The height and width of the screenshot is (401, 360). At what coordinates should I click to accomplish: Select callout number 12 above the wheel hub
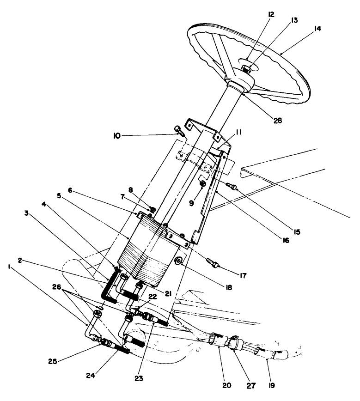(x=270, y=15)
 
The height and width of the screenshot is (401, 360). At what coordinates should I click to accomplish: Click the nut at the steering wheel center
(x=247, y=70)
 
